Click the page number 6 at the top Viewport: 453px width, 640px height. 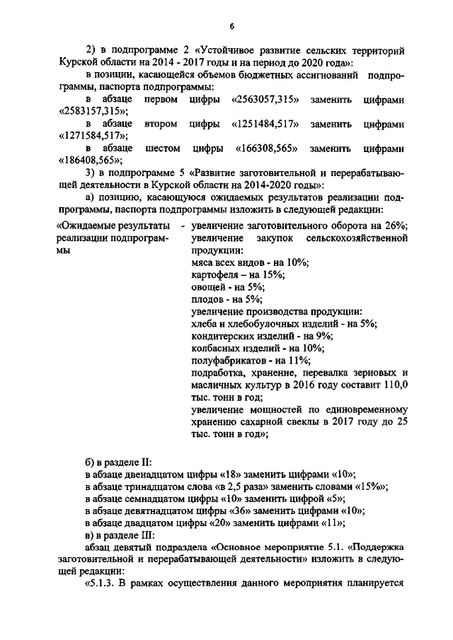click(x=231, y=26)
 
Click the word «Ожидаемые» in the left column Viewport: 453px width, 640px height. click(x=88, y=226)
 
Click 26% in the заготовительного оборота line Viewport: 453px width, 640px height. click(x=394, y=226)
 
